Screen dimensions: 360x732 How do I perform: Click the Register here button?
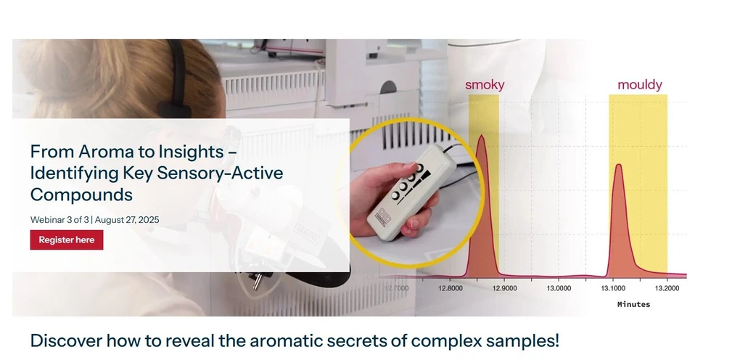pos(66,240)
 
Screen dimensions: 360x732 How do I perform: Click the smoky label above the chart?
pos(485,85)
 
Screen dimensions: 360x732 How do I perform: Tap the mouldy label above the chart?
pos(639,85)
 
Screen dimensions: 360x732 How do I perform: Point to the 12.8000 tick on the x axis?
pos(450,288)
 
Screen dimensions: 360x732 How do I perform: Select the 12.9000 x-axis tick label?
pos(504,288)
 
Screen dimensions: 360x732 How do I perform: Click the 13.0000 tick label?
pos(558,288)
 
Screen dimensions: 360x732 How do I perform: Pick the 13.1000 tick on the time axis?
pos(612,288)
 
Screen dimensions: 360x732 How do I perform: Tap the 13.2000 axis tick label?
pos(667,288)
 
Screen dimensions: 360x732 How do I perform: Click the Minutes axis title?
pos(633,304)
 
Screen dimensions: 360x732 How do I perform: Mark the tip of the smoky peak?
pos(480,136)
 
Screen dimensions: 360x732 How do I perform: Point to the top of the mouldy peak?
pos(618,165)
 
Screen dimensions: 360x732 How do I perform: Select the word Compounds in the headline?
pos(81,195)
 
